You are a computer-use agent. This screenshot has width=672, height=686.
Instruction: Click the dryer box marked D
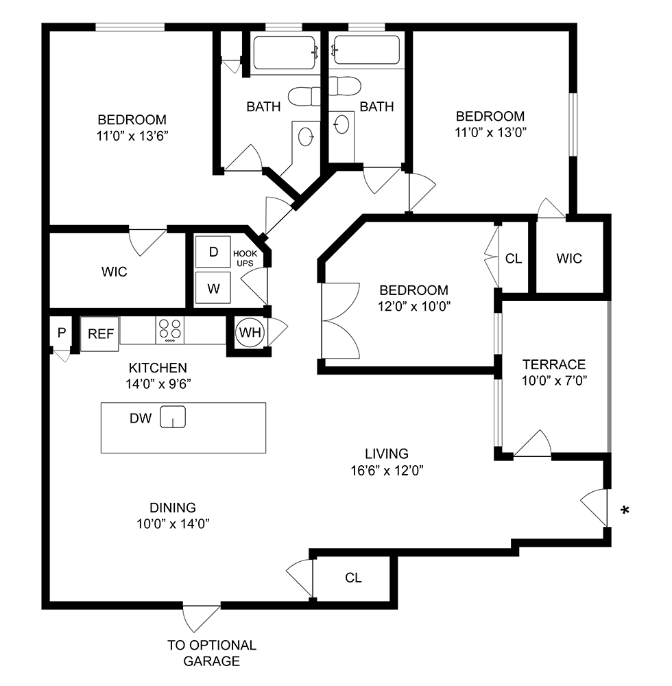coord(213,252)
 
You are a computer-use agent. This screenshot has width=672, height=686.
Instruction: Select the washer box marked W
coord(213,288)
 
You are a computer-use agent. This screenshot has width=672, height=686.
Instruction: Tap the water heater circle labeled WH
coord(250,333)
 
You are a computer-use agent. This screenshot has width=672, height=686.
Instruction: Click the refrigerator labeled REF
coord(100,334)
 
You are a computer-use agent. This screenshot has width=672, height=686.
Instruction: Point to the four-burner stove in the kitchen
coord(170,331)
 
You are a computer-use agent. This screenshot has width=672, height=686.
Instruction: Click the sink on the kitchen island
coord(173,416)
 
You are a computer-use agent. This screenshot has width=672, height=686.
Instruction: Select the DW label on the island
coord(141,418)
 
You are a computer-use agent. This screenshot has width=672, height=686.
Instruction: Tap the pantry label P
coord(62,333)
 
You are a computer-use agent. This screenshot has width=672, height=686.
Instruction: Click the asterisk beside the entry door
coord(625,510)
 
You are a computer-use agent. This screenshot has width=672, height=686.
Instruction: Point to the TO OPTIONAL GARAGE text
coord(212,653)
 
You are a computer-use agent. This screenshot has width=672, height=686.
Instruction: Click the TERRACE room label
coord(554,364)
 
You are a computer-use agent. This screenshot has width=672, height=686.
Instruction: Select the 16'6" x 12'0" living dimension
coord(387,471)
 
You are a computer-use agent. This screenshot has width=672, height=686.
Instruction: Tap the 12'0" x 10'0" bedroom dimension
coord(414,306)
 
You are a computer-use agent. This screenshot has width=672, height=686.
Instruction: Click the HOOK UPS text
coord(245,258)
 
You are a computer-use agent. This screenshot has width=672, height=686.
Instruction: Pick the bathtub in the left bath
coord(285,53)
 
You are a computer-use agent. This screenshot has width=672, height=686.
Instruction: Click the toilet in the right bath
coord(344,86)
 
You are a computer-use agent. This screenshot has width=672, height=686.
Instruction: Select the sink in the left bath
coord(306,137)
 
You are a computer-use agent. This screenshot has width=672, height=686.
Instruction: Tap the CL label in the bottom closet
coord(353,578)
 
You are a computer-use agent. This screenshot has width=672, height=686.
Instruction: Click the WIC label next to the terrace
coord(569,258)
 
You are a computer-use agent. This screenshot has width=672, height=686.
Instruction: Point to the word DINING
coord(173,508)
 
